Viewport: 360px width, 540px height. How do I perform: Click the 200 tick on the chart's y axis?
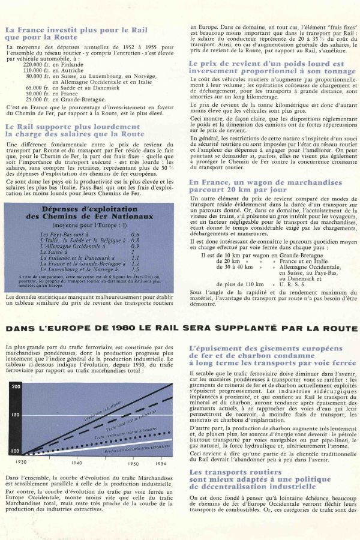pyautogui.click(x=15, y=386)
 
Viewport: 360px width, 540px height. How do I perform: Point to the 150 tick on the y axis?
pyautogui.click(x=15, y=415)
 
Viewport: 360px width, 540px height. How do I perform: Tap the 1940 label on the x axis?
pyautogui.click(x=76, y=463)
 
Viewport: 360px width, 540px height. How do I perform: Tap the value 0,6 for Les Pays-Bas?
pyautogui.click(x=135, y=234)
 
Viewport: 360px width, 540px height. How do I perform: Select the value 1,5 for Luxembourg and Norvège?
pyautogui.click(x=135, y=269)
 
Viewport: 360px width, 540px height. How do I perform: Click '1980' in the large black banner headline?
pyautogui.click(x=125, y=328)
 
